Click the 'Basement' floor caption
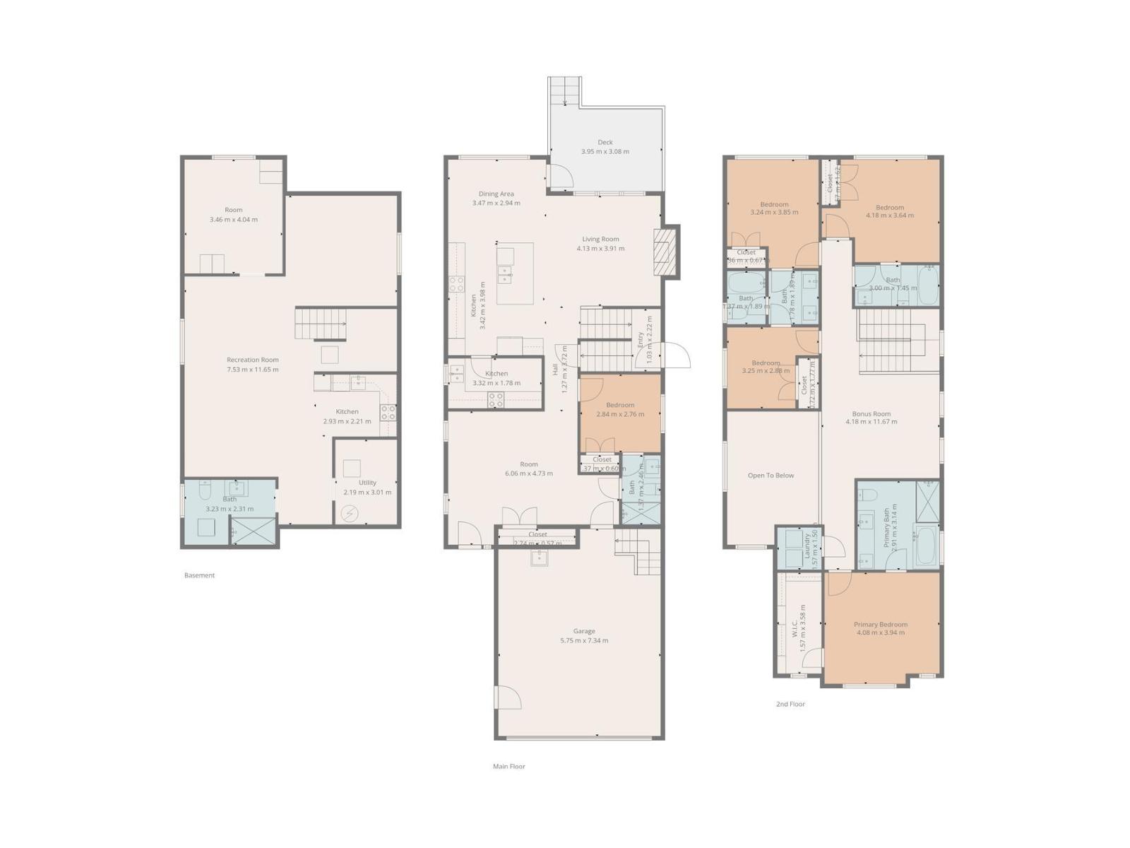(x=199, y=575)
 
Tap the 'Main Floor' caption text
(x=509, y=766)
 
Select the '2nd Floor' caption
(x=790, y=704)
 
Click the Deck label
(x=605, y=143)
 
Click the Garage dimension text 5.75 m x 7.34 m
(x=583, y=641)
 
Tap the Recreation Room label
(x=252, y=360)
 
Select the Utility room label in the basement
(x=367, y=483)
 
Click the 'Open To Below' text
(x=771, y=476)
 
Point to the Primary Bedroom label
(x=880, y=625)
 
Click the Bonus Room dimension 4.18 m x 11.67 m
(x=871, y=422)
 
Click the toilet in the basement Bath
(x=205, y=490)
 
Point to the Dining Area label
(x=496, y=194)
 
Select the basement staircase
(x=320, y=324)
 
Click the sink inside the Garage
(x=540, y=558)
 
